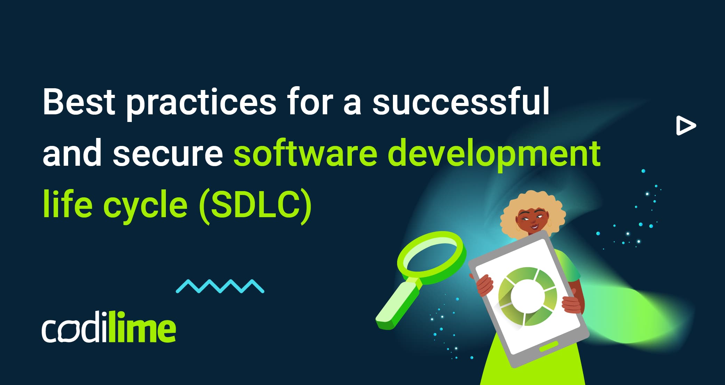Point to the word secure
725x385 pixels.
tap(168, 153)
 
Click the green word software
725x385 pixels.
tap(305, 153)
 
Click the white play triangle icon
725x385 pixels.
tap(685, 126)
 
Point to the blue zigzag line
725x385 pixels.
tap(220, 286)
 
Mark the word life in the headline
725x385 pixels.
tap(67, 205)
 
